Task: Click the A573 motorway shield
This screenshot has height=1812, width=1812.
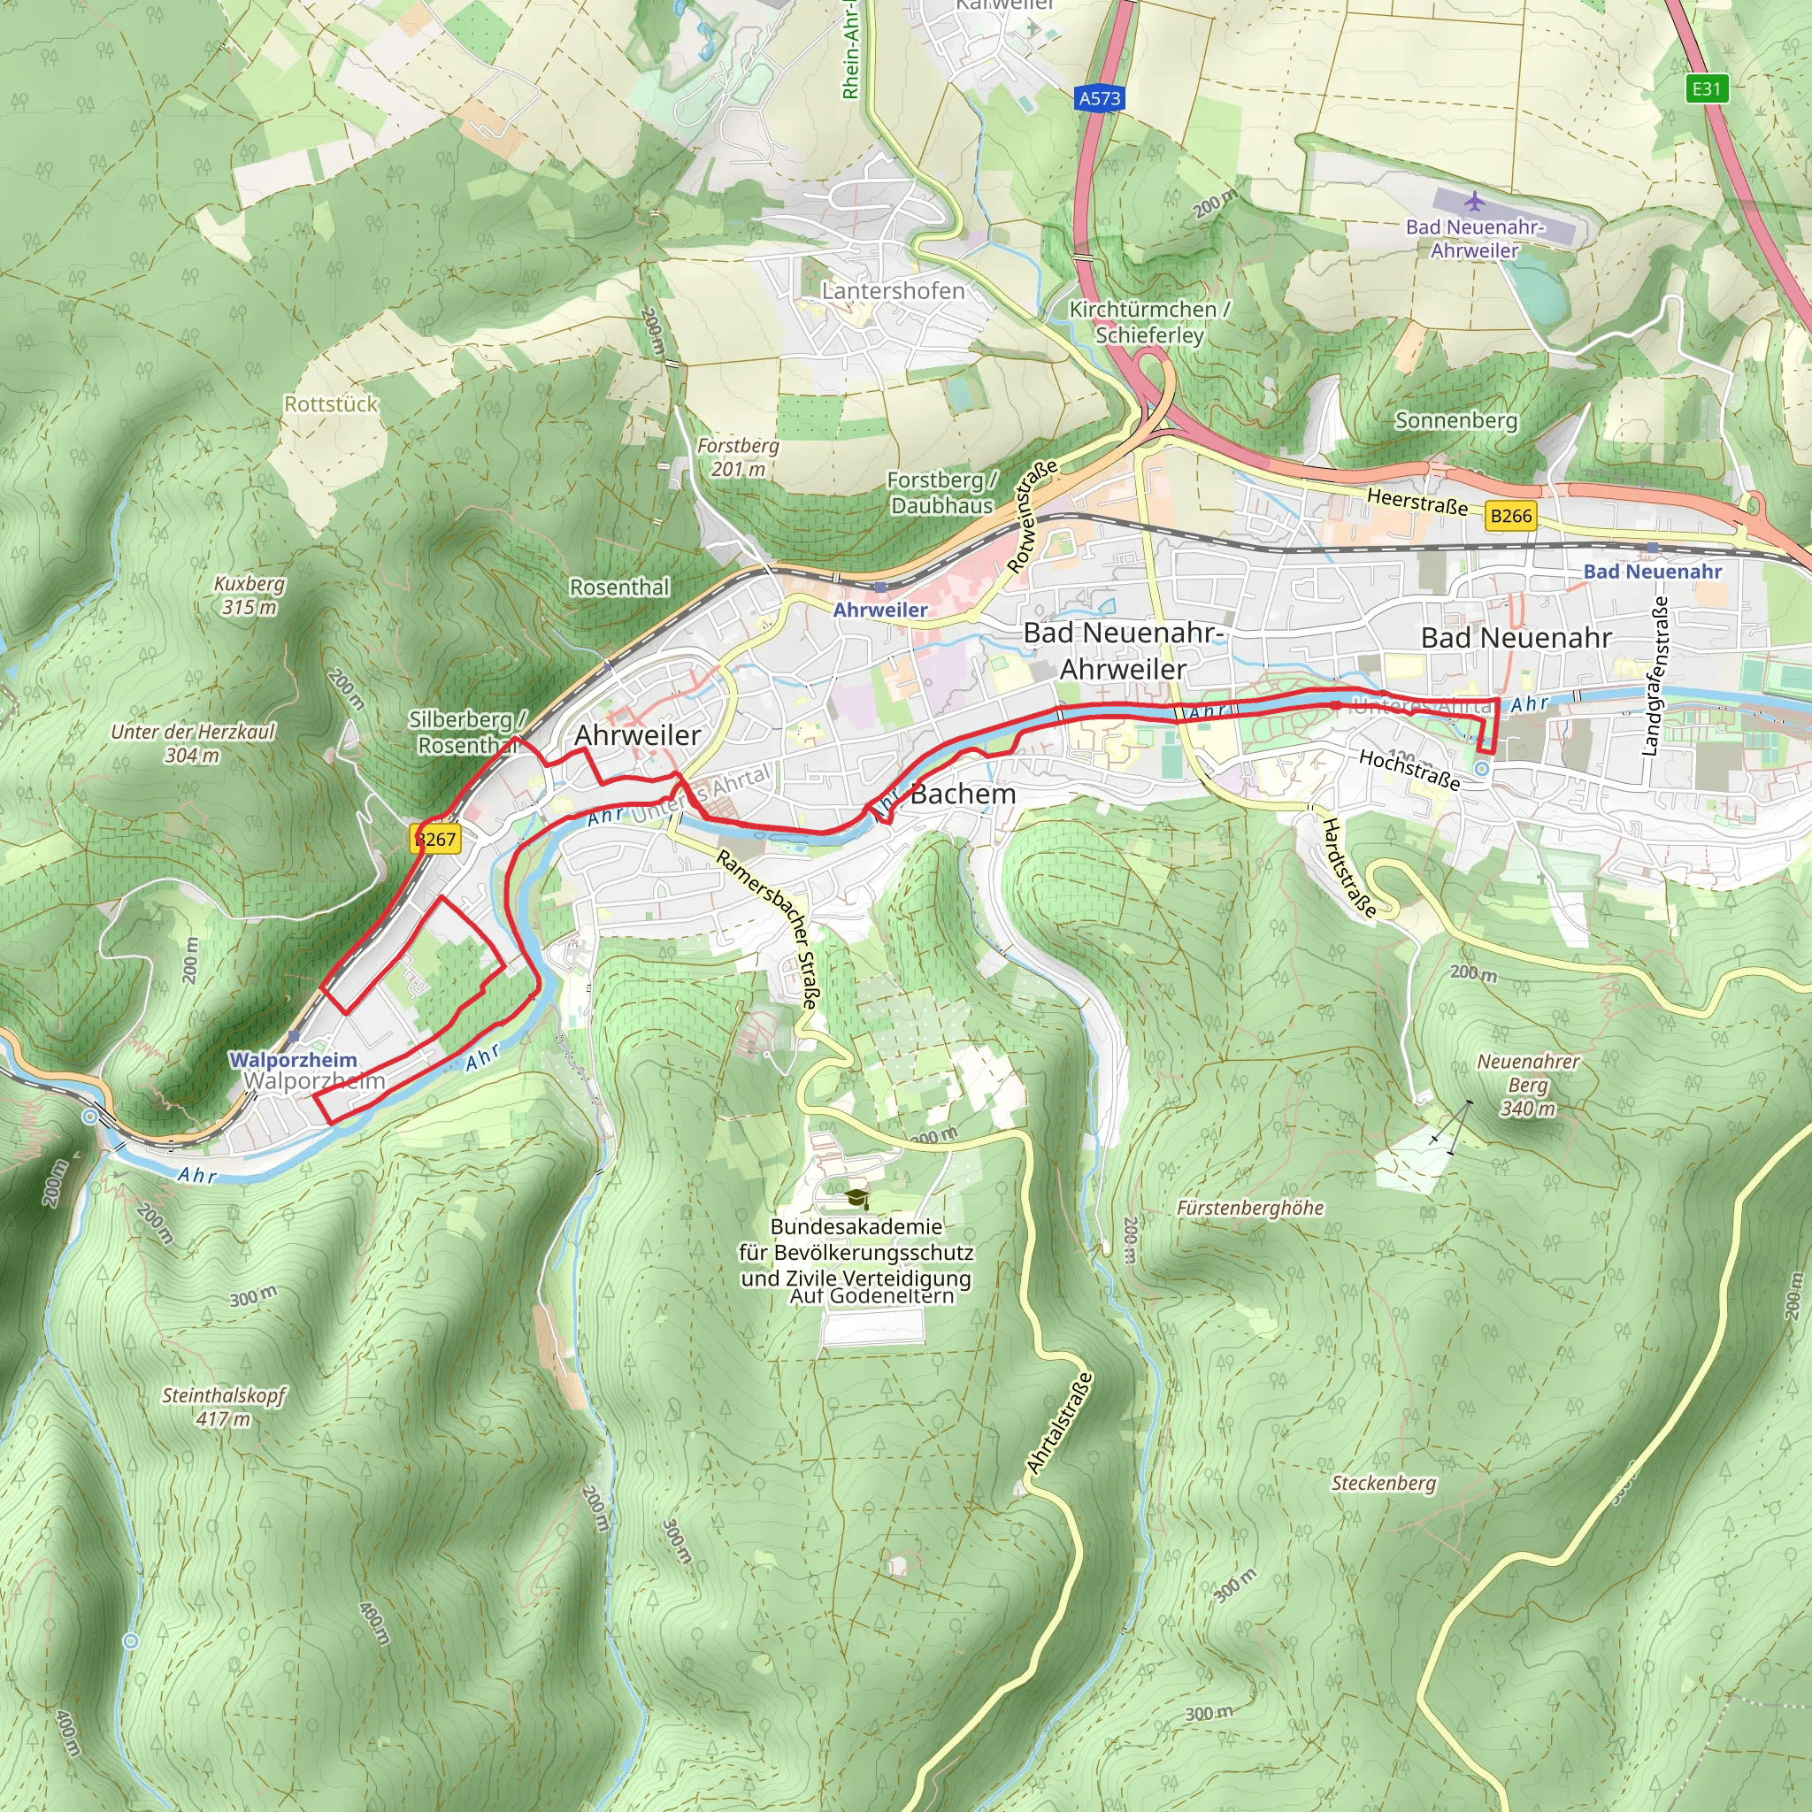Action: coord(1099,98)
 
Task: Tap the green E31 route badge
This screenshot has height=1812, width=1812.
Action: coord(1706,89)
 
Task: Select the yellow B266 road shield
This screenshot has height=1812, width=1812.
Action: coord(1511,516)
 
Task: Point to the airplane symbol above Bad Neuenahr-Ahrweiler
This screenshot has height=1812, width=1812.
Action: coord(1474,201)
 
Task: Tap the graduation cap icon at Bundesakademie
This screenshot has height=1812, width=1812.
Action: coord(856,1198)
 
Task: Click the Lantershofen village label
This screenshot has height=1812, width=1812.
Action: coord(893,291)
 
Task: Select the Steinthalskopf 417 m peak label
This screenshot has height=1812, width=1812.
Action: coord(223,1407)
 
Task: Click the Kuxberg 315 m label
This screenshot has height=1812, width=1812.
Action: coord(250,595)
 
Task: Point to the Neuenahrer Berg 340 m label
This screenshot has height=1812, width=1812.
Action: coord(1528,1084)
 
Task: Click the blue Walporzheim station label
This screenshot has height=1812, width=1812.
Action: coord(293,1060)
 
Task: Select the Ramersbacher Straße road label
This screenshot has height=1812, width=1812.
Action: coord(769,928)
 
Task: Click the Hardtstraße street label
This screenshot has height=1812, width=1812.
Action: coord(1349,868)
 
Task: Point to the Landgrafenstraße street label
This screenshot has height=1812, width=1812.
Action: coord(1655,675)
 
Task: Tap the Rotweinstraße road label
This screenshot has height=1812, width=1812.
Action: coord(1033,515)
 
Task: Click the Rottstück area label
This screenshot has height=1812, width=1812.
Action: coord(331,404)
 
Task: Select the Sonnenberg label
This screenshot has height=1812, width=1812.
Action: coord(1455,420)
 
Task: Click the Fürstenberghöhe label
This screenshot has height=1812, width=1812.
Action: coord(1250,1208)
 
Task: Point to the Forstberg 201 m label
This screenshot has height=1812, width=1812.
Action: coord(738,457)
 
